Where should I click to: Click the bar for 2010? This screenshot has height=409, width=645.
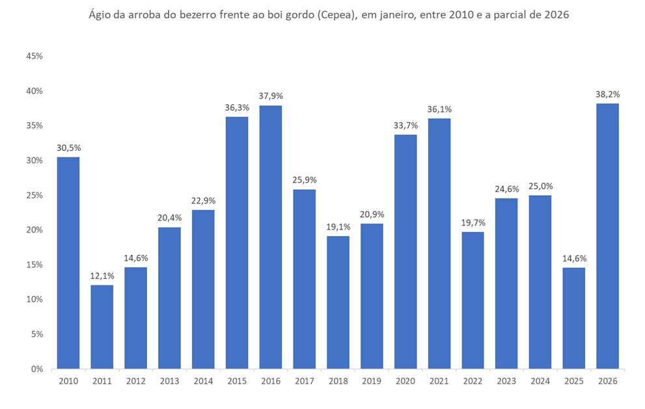(68, 263)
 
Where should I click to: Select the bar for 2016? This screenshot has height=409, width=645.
(271, 237)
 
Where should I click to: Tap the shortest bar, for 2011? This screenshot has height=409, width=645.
(102, 326)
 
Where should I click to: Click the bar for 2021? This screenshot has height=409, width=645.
(439, 243)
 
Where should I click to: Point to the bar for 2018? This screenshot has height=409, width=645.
(338, 302)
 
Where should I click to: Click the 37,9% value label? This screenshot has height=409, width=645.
(271, 96)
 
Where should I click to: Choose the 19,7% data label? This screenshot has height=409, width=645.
(473, 222)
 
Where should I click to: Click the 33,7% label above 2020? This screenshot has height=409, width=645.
(405, 125)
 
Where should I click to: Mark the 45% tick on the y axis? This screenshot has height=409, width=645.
(34, 56)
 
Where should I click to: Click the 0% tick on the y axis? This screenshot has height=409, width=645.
(36, 369)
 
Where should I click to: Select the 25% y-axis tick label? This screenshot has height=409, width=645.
(34, 195)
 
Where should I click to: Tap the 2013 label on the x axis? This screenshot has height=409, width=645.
(169, 382)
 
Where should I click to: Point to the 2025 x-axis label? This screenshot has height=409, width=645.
(573, 382)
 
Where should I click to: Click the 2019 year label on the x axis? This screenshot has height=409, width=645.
(372, 382)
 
